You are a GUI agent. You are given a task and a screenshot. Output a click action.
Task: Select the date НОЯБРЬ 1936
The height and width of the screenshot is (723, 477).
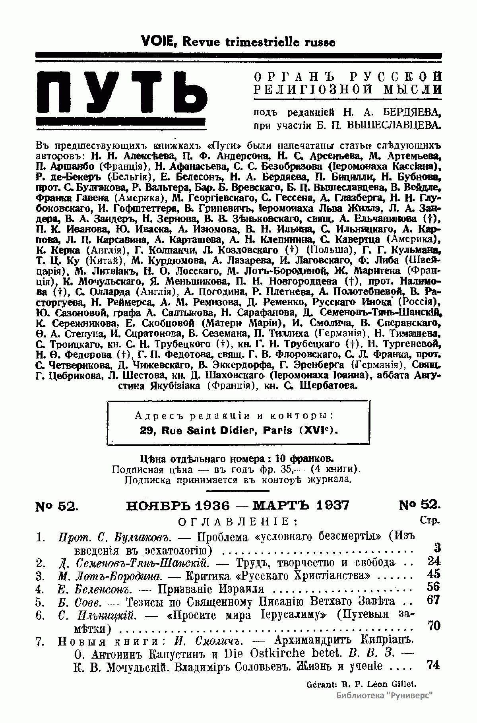click(x=178, y=505)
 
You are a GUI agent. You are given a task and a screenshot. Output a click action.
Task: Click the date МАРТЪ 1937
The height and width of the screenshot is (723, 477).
click(x=301, y=505)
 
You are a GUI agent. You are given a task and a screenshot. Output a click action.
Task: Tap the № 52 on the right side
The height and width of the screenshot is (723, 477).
click(x=420, y=505)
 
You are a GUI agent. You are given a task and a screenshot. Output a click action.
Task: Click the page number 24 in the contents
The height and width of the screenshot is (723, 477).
click(x=434, y=561)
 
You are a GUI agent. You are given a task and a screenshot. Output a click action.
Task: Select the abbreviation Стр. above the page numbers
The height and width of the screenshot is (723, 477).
click(x=429, y=520)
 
